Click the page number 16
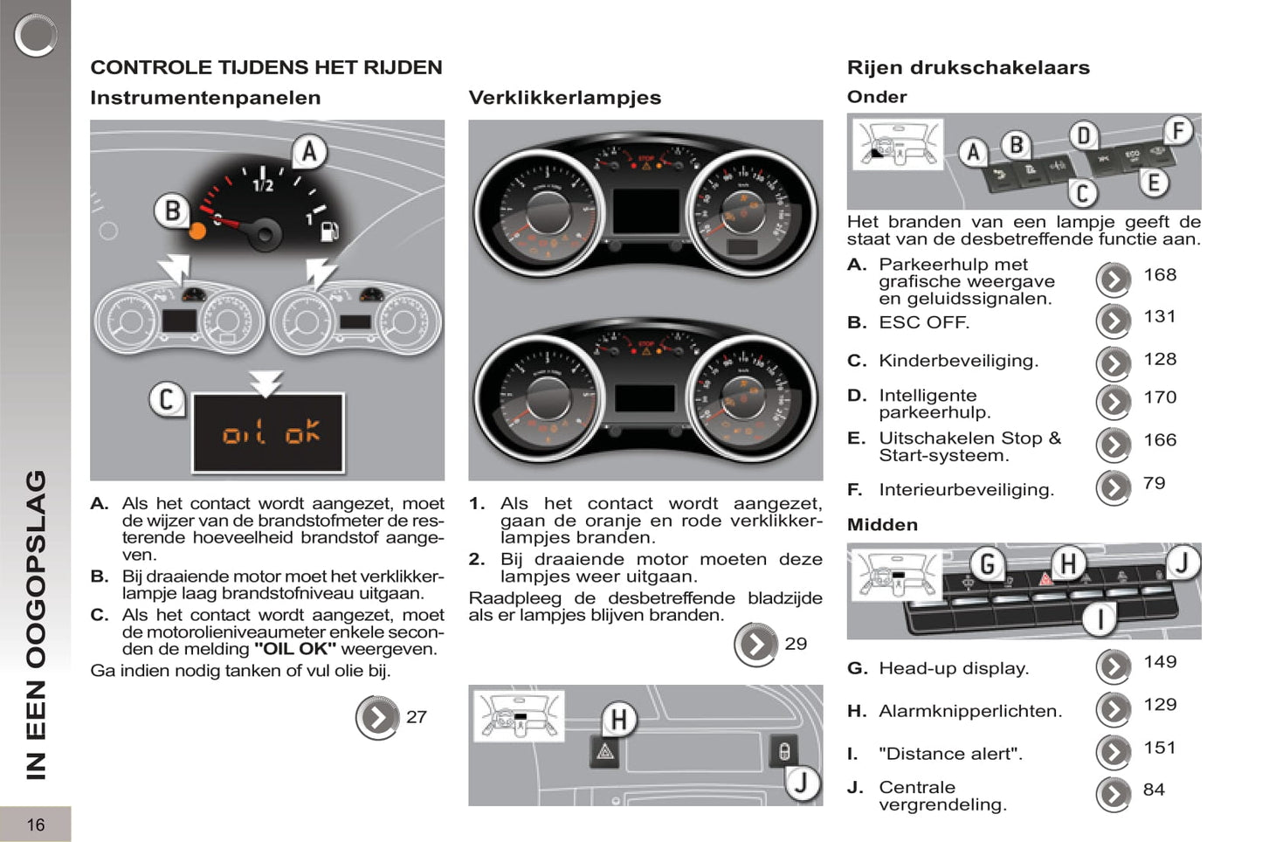tap(35, 825)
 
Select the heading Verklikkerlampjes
tap(564, 98)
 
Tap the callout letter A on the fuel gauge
tap(308, 152)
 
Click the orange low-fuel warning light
tap(198, 231)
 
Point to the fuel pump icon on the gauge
tap(329, 231)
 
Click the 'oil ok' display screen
tap(269, 432)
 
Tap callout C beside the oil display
tap(166, 400)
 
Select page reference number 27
tap(417, 717)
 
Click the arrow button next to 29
tap(755, 645)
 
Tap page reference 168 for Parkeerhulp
tap(1160, 275)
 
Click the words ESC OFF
tap(924, 322)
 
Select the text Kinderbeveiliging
tap(958, 361)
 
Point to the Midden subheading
tap(882, 525)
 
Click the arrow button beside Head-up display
tap(1114, 666)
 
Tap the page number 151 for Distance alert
tap(1160, 748)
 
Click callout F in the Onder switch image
tap(1178, 132)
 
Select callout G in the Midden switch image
tap(987, 564)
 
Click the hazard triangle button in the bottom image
tap(604, 751)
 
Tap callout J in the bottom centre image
tap(801, 783)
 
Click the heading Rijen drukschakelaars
tap(968, 67)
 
